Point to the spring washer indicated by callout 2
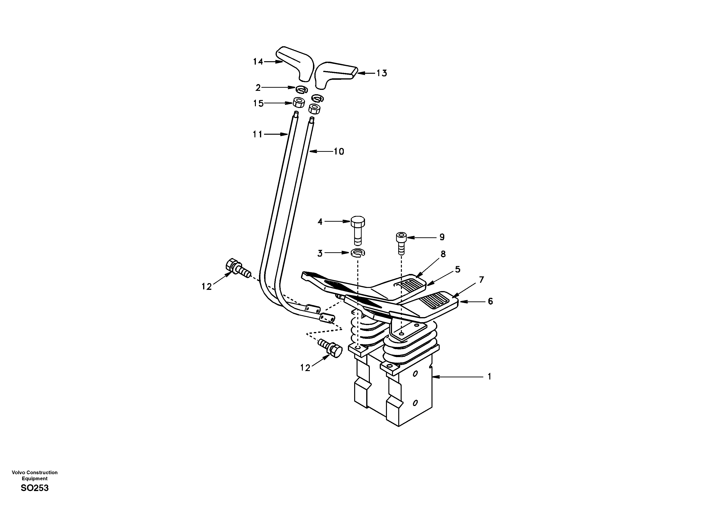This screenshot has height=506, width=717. pyautogui.click(x=302, y=90)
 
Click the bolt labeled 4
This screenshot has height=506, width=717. pyautogui.click(x=358, y=229)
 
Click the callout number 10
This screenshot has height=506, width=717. pyautogui.click(x=339, y=152)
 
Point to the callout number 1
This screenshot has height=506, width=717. pyautogui.click(x=489, y=377)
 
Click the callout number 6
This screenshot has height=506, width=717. pyautogui.click(x=490, y=301)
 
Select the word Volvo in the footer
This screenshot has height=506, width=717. pyautogui.click(x=18, y=473)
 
